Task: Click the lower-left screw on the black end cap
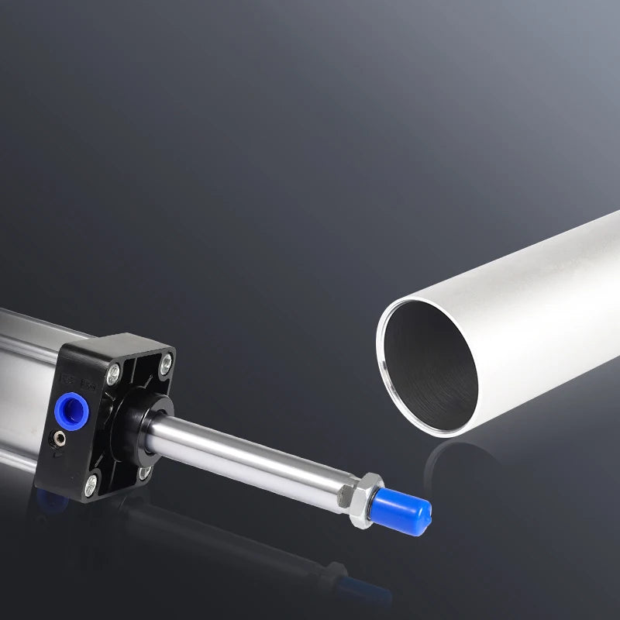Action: click(91, 486)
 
